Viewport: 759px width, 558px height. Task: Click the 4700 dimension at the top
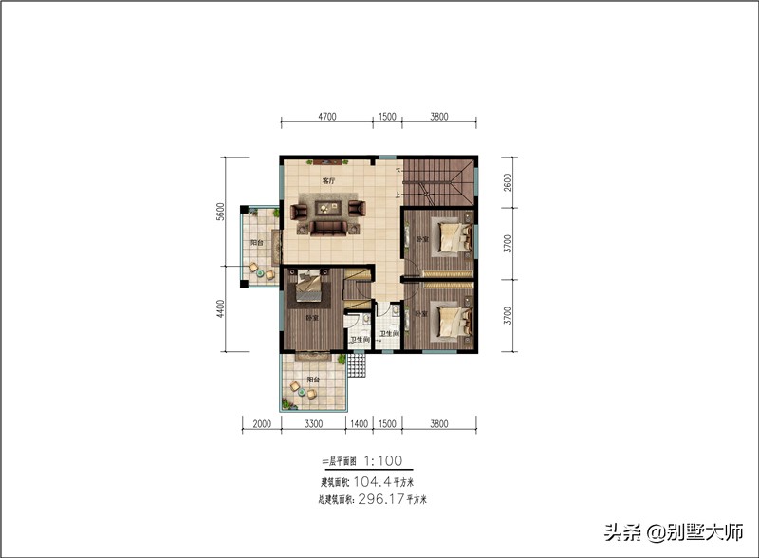(326, 117)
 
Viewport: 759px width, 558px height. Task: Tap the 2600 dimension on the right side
(509, 181)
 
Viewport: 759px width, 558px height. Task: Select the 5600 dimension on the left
(219, 212)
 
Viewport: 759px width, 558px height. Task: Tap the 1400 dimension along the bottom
(360, 424)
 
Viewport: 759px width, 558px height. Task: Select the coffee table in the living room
(327, 212)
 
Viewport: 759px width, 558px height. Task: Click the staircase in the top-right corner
(438, 180)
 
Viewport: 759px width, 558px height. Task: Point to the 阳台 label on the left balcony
(256, 244)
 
